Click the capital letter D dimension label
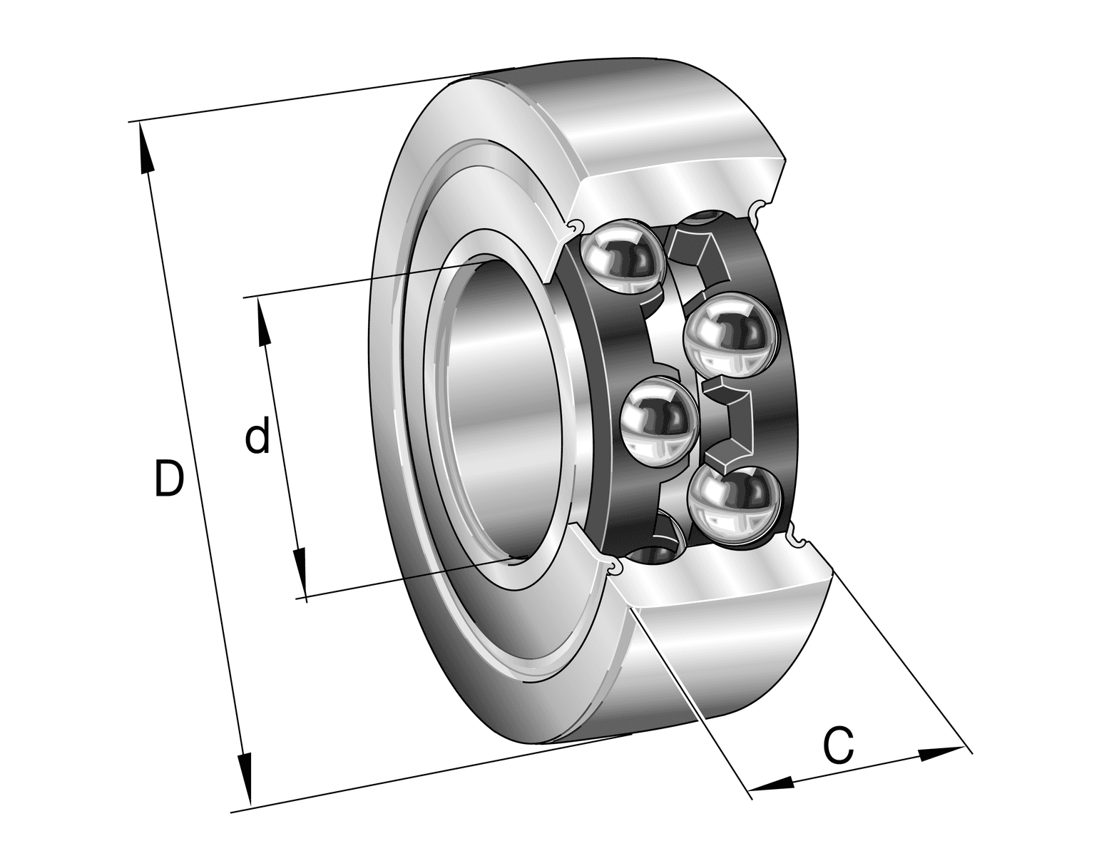169,478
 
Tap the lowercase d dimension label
257,434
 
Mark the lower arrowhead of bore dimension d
301,573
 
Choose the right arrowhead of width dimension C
942,753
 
